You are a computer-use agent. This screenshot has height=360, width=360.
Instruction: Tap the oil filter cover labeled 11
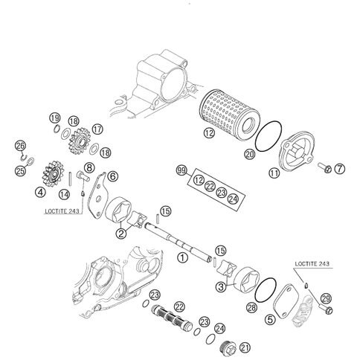click(x=297, y=152)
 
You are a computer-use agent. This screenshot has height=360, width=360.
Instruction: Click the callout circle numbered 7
click(x=339, y=169)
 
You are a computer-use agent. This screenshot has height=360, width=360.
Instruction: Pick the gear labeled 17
click(x=79, y=141)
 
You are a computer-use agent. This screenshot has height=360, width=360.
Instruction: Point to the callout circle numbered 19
click(x=55, y=118)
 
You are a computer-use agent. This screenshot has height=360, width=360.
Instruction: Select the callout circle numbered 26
click(x=21, y=146)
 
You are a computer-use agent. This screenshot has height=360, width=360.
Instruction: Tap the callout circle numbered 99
click(x=181, y=171)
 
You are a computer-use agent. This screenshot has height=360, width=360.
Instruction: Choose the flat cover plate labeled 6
click(x=97, y=196)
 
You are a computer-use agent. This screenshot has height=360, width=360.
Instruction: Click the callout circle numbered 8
click(x=89, y=168)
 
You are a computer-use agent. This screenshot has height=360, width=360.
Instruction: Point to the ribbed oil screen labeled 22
click(x=172, y=318)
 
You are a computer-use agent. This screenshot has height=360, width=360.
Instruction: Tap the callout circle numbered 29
click(x=326, y=298)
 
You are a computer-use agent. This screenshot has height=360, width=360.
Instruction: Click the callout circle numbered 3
click(x=221, y=287)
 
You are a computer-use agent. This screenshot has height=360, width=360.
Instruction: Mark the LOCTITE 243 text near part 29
click(x=312, y=264)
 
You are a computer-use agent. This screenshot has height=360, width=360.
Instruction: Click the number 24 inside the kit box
click(x=233, y=199)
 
